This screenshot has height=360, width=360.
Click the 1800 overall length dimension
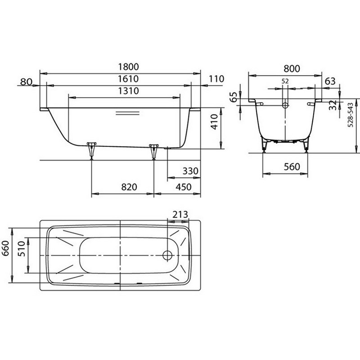(x=128, y=67)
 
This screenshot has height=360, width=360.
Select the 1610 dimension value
(x=128, y=79)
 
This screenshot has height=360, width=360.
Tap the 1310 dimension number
(x=128, y=91)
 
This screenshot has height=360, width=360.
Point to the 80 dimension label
(x=26, y=81)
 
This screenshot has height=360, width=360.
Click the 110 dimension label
(x=216, y=79)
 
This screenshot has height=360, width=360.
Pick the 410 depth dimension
(x=214, y=122)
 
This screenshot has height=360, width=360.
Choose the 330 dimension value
(x=190, y=171)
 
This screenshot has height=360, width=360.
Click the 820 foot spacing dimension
(x=129, y=187)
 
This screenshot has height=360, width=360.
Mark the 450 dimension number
(x=184, y=187)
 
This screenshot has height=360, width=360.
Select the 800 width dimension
(x=292, y=69)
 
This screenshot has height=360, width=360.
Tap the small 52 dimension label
(x=285, y=81)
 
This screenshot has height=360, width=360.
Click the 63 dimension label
(x=330, y=81)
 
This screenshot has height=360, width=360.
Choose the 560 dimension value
(x=292, y=167)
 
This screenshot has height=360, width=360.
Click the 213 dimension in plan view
(x=180, y=215)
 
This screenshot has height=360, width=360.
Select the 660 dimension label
(x=5, y=248)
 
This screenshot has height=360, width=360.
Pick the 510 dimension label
(x=21, y=249)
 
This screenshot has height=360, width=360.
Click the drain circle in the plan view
(x=167, y=255)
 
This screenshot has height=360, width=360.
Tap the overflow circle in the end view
(x=285, y=105)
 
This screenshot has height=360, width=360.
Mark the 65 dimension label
(x=233, y=97)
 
